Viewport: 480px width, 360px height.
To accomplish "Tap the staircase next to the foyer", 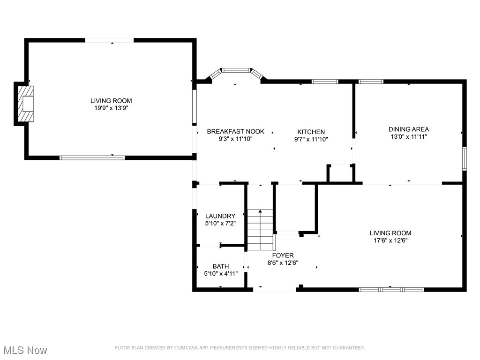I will click(260, 230).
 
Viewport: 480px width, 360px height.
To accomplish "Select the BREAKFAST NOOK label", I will click(235, 132).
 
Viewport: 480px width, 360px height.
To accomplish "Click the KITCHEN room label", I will click(311, 132).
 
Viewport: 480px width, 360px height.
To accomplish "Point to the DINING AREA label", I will click(408, 129).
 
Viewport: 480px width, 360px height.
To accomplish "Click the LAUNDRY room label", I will click(220, 216).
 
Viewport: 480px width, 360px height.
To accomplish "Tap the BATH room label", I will click(220, 266).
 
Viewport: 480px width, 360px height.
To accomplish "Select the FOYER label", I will click(283, 255).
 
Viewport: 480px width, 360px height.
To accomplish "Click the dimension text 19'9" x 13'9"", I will click(111, 108).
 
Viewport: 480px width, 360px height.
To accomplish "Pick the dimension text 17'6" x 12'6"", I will click(390, 240).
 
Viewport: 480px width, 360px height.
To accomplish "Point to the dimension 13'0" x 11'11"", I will click(408, 137).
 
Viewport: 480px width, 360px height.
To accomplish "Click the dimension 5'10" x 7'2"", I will click(220, 224).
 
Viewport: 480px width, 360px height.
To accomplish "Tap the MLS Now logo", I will click(25, 350).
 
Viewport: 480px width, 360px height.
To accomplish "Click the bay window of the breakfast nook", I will click(236, 71).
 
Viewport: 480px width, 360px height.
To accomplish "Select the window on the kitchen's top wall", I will click(325, 82).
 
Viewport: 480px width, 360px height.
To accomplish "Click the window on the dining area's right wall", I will click(464, 158).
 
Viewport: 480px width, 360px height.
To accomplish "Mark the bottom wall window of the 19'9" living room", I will click(92, 158).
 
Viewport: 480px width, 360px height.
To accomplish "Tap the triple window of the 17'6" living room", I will click(391, 290).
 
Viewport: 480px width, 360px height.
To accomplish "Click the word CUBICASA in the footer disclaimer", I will click(181, 348).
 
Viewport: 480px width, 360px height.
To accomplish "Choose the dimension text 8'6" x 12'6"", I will click(283, 263).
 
